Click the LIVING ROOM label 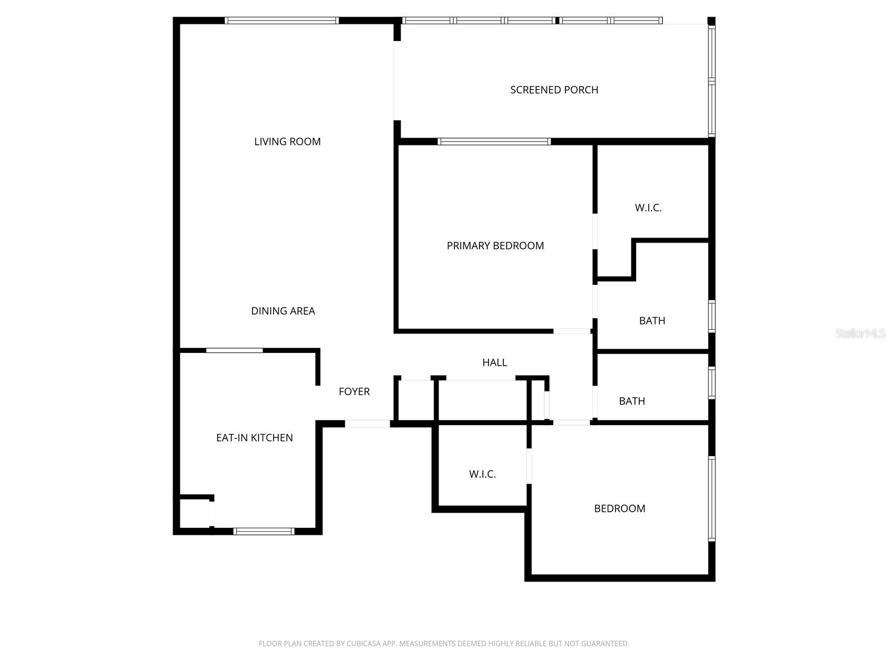[x=287, y=142]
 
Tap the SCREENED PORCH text [x=554, y=90]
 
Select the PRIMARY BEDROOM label [x=495, y=246]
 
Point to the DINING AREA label [x=283, y=311]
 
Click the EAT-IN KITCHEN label [x=254, y=438]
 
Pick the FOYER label [x=354, y=392]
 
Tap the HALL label [x=495, y=362]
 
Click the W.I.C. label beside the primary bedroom [x=648, y=208]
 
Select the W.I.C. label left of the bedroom [x=482, y=474]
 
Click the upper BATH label [x=652, y=321]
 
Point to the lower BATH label [x=632, y=401]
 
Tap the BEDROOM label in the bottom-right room [x=619, y=508]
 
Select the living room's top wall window [x=281, y=21]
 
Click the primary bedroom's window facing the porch [x=494, y=142]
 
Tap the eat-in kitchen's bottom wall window [x=264, y=531]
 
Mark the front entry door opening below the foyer [x=367, y=424]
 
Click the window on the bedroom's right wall [x=712, y=498]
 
